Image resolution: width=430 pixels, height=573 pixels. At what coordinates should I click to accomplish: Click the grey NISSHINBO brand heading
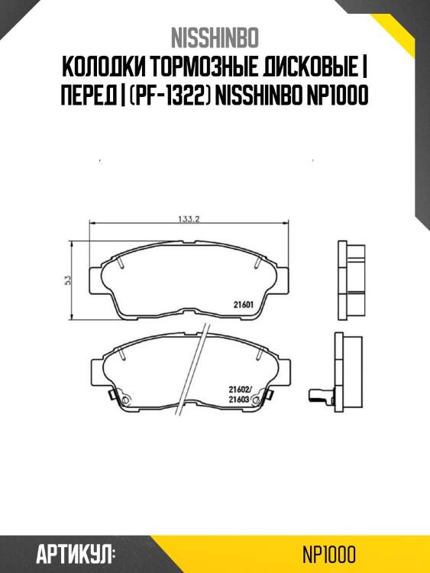(x=215, y=37)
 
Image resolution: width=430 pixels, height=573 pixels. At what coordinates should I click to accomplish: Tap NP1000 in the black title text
(x=337, y=95)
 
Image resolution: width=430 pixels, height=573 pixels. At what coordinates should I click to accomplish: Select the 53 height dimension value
(x=67, y=280)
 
